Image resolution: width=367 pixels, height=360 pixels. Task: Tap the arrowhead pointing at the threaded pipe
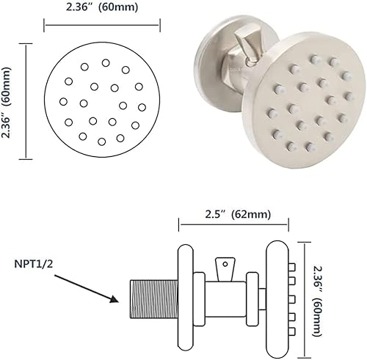[114, 298]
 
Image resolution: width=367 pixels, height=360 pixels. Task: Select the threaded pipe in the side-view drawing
[150, 299]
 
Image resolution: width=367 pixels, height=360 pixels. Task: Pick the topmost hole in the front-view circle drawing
[106, 62]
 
